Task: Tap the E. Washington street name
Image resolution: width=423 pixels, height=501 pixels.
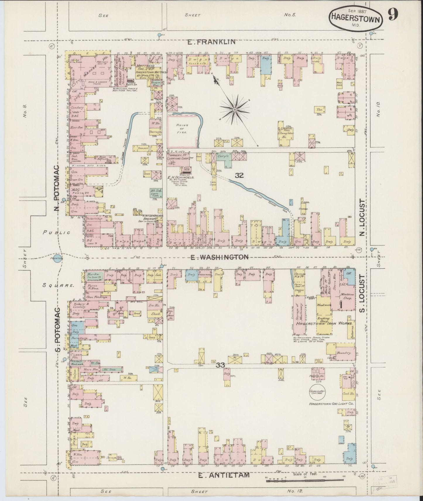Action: pos(219,257)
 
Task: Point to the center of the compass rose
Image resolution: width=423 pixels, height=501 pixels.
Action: pos(235,110)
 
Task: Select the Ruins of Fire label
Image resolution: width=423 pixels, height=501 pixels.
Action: pos(182,129)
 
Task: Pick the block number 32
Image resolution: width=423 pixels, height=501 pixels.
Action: pos(239,175)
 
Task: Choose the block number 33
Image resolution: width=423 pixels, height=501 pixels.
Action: pos(220,365)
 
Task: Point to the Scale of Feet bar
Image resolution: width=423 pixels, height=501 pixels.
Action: pos(304,480)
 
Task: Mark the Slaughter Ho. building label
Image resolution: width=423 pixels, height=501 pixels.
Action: pos(285,135)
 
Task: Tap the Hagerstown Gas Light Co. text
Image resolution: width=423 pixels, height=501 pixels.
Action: pos(331,404)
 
